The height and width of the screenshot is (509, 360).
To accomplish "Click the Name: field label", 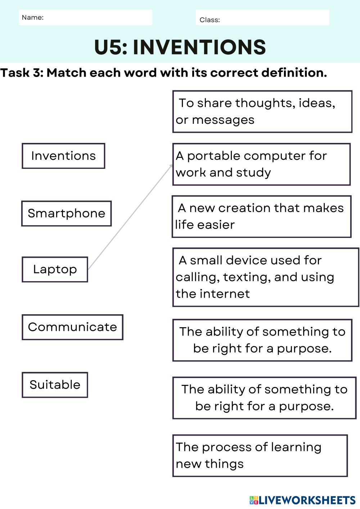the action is click(32, 18).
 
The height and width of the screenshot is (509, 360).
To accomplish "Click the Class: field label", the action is click(210, 20).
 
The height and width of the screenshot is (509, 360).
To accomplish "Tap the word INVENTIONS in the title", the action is click(199, 47).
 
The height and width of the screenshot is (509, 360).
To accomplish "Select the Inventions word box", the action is click(63, 156).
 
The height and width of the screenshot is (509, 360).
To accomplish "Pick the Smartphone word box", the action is click(66, 213).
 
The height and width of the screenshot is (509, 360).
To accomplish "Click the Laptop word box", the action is click(55, 270).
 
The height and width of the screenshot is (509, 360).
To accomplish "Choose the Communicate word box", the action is click(72, 327).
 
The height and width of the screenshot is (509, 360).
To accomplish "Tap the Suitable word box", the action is click(55, 385).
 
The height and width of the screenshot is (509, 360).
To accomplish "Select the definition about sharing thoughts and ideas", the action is click(262, 112).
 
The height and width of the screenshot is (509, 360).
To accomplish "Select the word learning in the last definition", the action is click(296, 447).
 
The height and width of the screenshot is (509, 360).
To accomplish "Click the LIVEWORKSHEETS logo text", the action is click(307, 500).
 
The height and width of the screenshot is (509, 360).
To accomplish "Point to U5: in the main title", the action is click(111, 47).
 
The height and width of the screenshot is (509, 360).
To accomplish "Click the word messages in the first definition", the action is click(223, 120).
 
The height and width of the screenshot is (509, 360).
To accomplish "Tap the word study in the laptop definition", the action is click(253, 173).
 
